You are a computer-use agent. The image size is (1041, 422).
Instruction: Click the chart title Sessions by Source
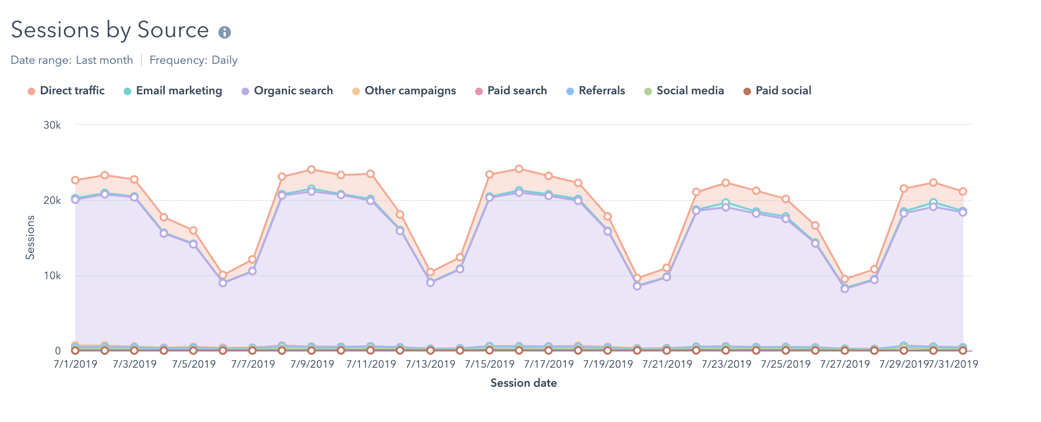click(x=110, y=30)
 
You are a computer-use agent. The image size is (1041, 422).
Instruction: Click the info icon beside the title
click(x=224, y=32)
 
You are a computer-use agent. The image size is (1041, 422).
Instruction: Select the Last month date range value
click(x=104, y=60)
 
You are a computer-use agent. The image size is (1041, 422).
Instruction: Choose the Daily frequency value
click(x=224, y=60)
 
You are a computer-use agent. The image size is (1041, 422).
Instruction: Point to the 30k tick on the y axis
click(x=52, y=125)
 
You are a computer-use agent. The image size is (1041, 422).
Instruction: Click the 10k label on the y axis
click(x=52, y=276)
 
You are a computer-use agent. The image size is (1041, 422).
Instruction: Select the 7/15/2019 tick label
click(x=490, y=364)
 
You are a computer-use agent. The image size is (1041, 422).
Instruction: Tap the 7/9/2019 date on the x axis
click(x=312, y=364)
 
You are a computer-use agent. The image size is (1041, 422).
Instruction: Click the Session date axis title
click(x=523, y=383)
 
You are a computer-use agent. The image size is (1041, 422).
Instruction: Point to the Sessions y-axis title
click(x=30, y=237)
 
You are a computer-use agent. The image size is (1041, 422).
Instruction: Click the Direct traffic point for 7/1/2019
click(x=75, y=180)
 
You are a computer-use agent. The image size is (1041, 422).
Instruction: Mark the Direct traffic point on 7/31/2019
click(x=962, y=191)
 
